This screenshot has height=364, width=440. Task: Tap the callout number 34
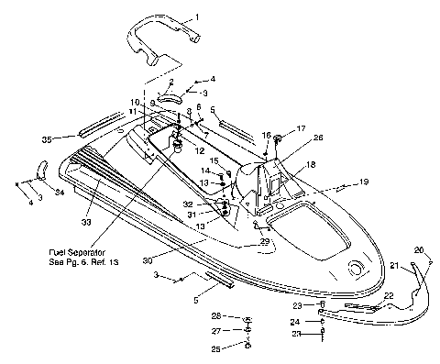[x=60, y=193]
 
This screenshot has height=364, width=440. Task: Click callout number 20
[x=419, y=250]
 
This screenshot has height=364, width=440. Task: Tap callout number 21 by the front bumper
[x=396, y=266]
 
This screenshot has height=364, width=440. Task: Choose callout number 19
[x=363, y=182]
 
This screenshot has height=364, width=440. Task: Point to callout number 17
[x=301, y=129]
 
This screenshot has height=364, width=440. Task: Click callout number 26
[x=318, y=138]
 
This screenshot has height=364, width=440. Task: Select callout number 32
[x=187, y=204]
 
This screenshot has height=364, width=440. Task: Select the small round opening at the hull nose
[x=353, y=267]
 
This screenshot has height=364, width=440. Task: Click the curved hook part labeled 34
[x=41, y=170]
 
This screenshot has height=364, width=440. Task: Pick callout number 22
[x=388, y=294]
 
